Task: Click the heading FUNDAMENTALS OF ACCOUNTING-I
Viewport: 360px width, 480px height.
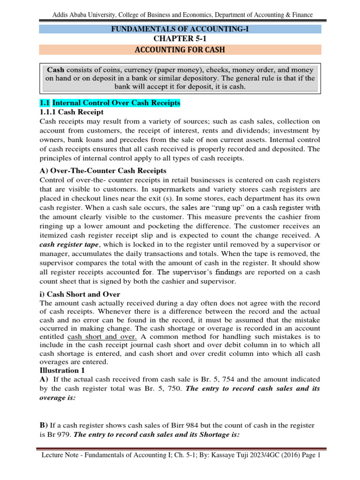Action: tap(180, 30)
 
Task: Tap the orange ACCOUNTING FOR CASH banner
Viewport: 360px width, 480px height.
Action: tap(180, 50)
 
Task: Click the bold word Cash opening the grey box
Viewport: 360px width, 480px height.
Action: tap(56, 69)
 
